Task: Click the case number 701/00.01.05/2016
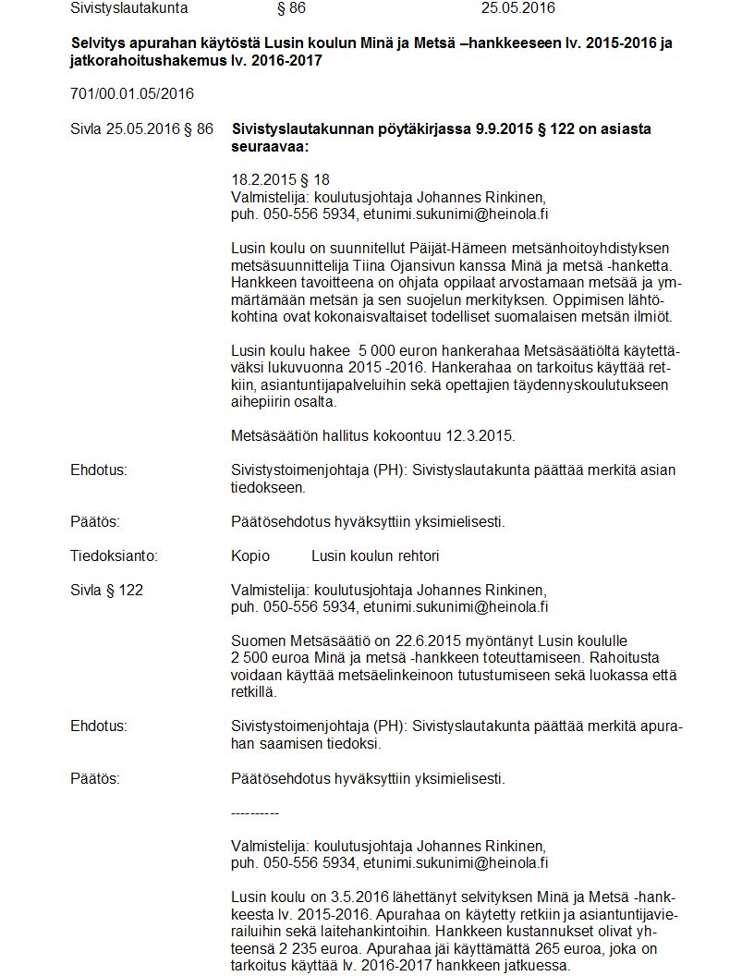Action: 132,93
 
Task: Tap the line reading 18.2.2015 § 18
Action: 280,179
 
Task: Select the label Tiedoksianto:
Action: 114,555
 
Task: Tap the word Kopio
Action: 250,555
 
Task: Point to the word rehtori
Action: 415,555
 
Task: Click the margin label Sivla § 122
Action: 106,590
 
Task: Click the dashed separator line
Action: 255,812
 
